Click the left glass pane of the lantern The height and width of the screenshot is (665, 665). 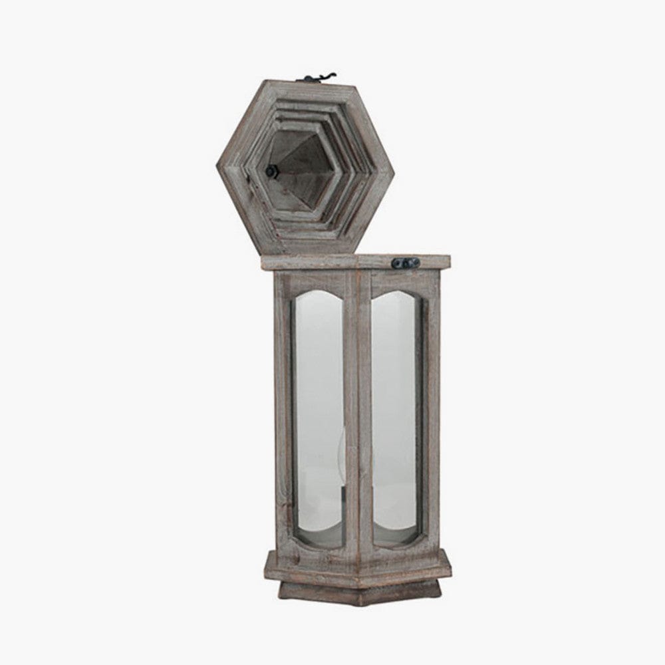pos(318,412)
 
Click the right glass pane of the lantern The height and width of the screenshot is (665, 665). pos(396,412)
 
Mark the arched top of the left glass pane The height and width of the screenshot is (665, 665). pos(318,297)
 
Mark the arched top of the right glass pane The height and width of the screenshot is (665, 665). pos(396,297)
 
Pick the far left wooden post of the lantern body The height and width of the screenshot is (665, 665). pos(283,412)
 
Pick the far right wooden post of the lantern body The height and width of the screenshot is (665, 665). pos(432,412)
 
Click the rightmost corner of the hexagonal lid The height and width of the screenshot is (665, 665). pos(394,166)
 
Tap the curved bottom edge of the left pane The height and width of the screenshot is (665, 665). pos(319,542)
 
